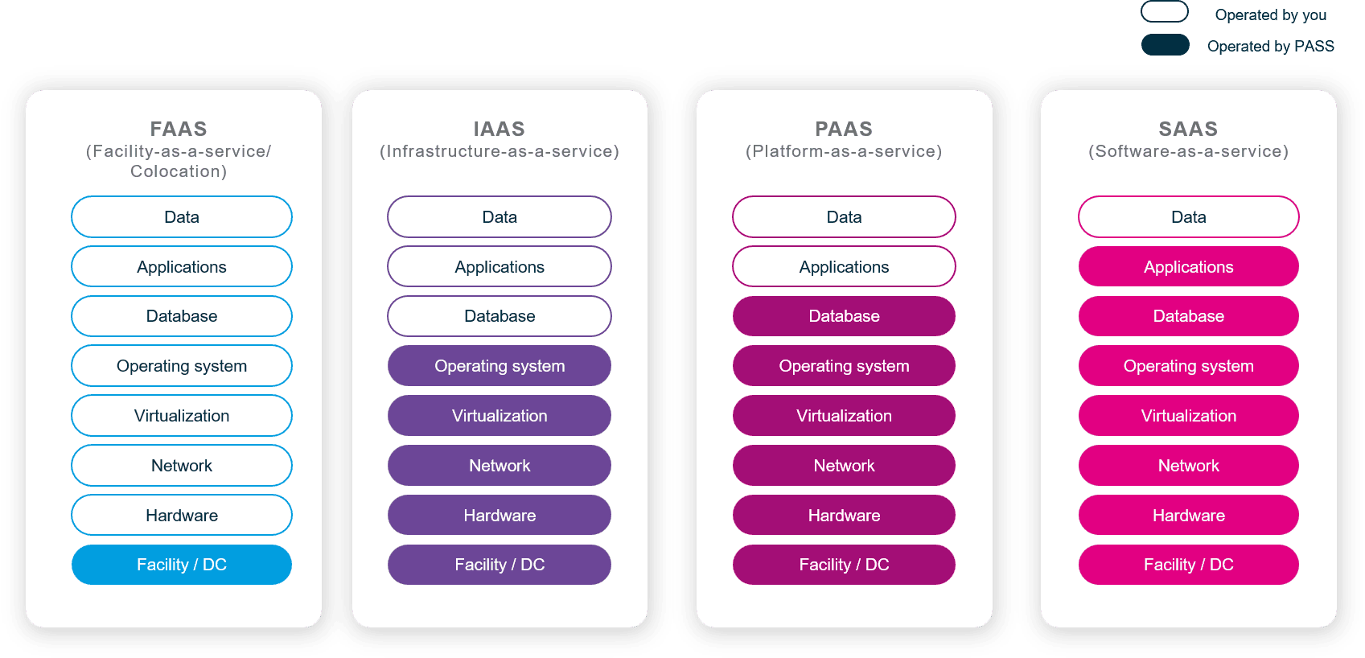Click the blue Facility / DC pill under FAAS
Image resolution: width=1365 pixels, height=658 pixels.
coord(182,565)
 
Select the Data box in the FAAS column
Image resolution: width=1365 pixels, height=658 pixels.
coord(182,217)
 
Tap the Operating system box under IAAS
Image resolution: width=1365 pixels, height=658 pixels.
coord(500,366)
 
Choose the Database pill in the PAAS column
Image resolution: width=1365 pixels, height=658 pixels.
coord(844,316)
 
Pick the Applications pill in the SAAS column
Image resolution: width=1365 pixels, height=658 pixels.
coord(1188,267)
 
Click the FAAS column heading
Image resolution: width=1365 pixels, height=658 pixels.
coord(179,129)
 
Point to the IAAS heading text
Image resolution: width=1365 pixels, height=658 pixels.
coord(499,129)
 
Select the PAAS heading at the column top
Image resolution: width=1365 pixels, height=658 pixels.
coord(844,129)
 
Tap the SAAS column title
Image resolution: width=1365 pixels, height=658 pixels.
coord(1188,129)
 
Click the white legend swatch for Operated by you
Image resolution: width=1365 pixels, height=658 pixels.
coord(1165,12)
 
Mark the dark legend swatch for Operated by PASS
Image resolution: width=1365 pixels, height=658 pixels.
coord(1165,45)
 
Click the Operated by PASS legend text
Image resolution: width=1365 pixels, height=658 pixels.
coord(1270,47)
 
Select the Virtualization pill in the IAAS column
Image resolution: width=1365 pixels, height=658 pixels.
coord(500,416)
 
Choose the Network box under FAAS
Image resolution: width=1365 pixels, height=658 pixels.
coord(182,466)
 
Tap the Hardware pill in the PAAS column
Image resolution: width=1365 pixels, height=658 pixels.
coord(844,516)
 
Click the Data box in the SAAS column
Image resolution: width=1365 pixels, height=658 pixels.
coord(1188,217)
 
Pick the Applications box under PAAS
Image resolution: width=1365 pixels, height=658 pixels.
coord(844,267)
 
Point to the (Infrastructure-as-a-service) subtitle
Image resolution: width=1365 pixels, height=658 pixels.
coord(500,151)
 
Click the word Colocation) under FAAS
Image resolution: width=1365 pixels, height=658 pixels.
coord(179,171)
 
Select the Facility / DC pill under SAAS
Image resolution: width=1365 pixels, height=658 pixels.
coord(1188,565)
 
